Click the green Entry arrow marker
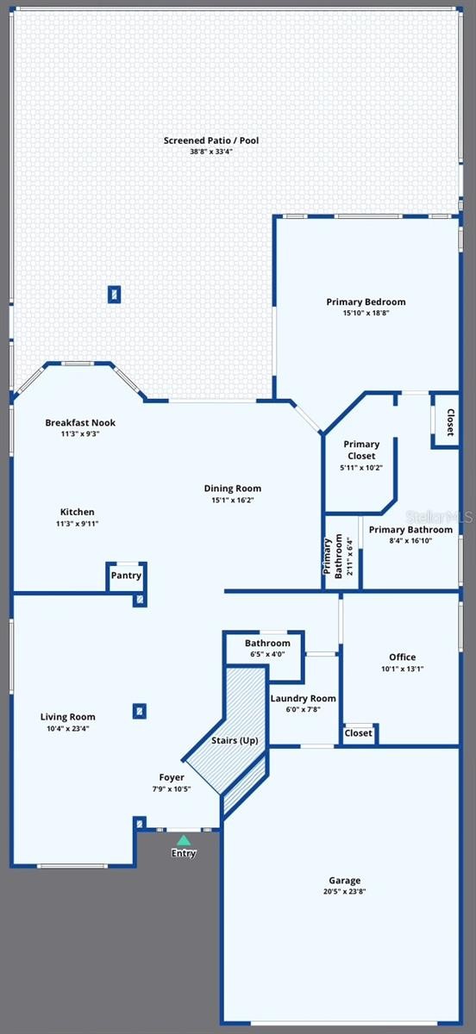[x=184, y=840]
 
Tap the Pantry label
[x=126, y=576]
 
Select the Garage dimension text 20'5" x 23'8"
[x=344, y=891]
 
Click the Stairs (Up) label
[x=235, y=740]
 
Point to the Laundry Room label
[x=304, y=699]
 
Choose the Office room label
[x=402, y=657]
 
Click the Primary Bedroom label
[x=366, y=302]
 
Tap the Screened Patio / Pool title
[x=211, y=140]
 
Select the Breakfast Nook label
[x=80, y=422]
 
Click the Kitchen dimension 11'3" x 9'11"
[x=77, y=524]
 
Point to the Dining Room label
[x=233, y=489]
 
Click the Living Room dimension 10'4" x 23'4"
[x=68, y=728]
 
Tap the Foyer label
[x=172, y=777]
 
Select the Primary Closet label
[x=361, y=450]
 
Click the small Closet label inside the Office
[x=358, y=733]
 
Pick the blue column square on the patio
[x=114, y=294]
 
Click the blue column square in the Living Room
[x=140, y=712]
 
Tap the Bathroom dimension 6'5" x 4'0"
[x=267, y=654]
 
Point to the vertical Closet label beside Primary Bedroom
[x=450, y=422]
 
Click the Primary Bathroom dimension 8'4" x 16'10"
[x=410, y=540]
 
